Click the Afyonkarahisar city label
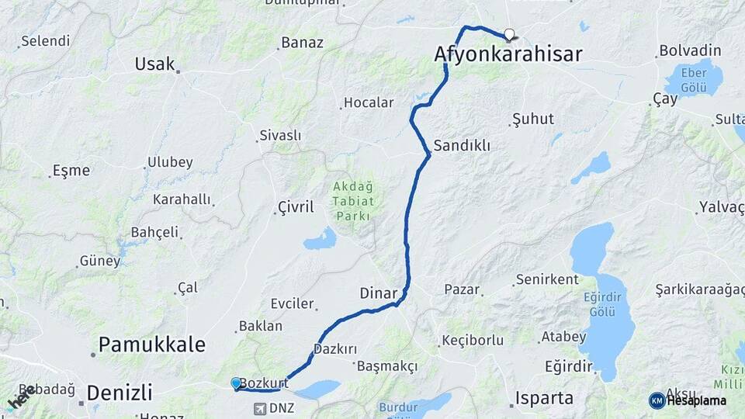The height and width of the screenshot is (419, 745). (508, 54)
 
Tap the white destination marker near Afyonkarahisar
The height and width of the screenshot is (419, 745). (509, 34)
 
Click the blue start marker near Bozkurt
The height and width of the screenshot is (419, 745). (236, 383)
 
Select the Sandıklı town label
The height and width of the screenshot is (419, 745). (462, 145)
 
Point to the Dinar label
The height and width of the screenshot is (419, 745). (379, 293)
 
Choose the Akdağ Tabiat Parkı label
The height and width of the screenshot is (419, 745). (353, 201)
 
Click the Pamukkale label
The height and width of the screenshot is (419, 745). (152, 345)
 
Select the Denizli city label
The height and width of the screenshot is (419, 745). (119, 392)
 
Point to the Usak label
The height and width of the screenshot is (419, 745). (154, 64)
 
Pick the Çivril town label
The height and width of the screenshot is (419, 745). (296, 207)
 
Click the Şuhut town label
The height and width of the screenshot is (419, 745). (533, 119)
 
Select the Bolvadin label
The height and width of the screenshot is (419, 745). (690, 50)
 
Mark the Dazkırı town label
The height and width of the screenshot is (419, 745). (335, 349)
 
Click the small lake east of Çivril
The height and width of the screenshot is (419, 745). (320, 240)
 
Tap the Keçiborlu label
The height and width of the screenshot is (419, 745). (473, 340)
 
